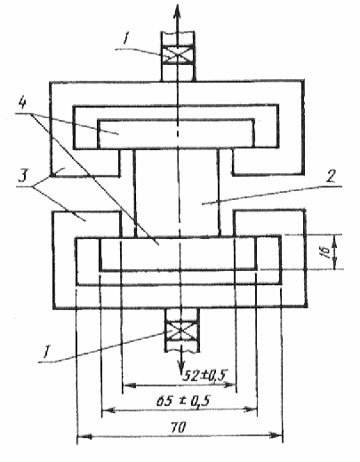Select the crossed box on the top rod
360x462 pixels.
click(177, 55)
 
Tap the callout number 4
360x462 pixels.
click(22, 104)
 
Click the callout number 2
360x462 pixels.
click(331, 177)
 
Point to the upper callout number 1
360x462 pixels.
click(125, 38)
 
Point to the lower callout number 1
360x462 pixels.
click(45, 352)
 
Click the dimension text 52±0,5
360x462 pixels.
click(204, 375)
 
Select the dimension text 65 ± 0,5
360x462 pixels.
click(183, 402)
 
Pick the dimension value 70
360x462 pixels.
click(179, 427)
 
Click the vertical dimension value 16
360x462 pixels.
click(326, 251)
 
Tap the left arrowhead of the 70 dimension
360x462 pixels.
click(84, 436)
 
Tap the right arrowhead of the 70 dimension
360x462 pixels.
click(275, 434)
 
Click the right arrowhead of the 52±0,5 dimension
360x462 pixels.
click(230, 385)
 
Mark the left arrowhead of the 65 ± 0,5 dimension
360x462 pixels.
click(108, 410)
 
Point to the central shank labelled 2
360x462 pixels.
click(177, 193)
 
